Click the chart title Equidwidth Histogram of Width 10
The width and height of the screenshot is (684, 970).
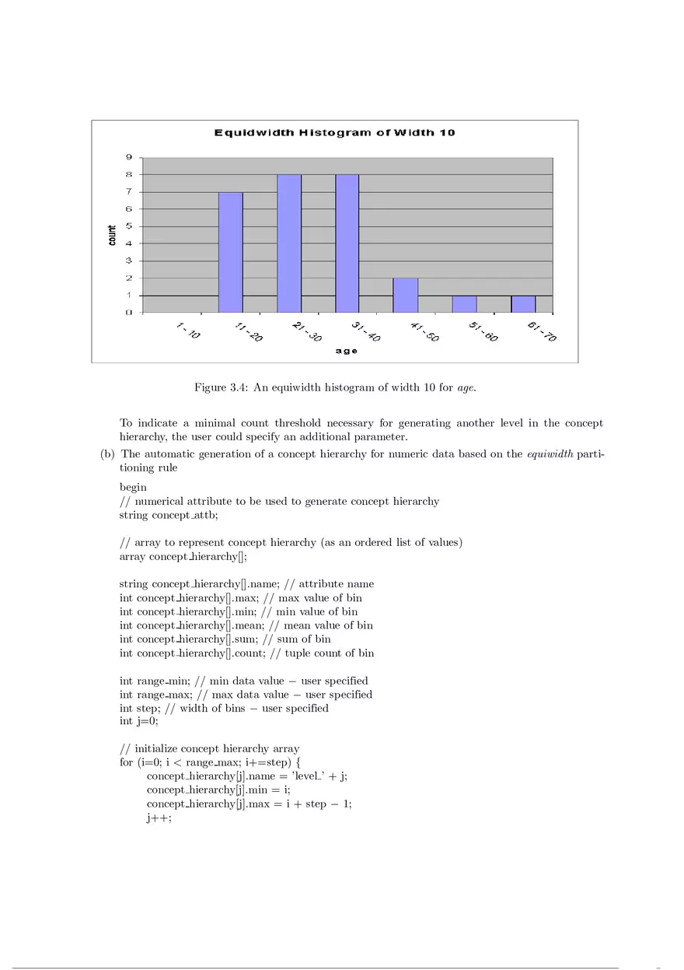coord(334,132)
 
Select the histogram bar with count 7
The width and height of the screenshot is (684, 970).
coord(231,252)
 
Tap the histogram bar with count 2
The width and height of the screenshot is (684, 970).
coord(405,295)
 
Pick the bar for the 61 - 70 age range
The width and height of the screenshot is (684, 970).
coord(523,303)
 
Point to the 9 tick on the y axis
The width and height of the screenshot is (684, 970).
coord(129,157)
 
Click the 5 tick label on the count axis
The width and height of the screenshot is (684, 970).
coord(129,226)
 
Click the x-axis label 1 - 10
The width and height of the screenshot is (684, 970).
coord(187,331)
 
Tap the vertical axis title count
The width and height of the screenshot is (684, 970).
coord(112,236)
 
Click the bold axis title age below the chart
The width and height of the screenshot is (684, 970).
coord(347,351)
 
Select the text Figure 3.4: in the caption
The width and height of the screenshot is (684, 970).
coord(221,387)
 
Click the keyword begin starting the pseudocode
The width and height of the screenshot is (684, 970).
coord(133,488)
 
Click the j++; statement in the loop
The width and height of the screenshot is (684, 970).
coord(159,818)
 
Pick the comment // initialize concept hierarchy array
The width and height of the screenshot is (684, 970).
coord(209,748)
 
